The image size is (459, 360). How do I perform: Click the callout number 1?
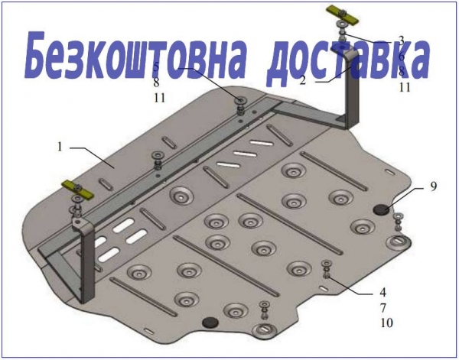click(x=60, y=146)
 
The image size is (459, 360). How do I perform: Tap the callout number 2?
click(x=303, y=79)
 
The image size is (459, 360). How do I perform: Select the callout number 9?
click(x=433, y=186)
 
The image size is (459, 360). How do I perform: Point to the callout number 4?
click(x=383, y=292)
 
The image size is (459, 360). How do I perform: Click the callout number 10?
click(x=386, y=323)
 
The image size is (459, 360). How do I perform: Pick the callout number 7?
click(x=383, y=308)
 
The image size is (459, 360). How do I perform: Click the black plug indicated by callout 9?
click(x=381, y=209)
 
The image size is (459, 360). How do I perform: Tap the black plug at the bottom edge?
click(x=210, y=323)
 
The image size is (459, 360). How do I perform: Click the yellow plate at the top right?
click(x=343, y=15)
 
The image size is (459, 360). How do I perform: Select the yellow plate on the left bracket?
click(x=77, y=190)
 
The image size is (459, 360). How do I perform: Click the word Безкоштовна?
click(x=135, y=55)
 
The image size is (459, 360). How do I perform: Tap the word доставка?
click(x=348, y=60)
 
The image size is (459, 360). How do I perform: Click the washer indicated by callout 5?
click(x=242, y=100)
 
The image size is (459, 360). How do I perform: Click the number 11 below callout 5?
click(x=160, y=98)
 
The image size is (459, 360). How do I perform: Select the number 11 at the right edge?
click(x=405, y=87)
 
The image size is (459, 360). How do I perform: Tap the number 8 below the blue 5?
click(x=156, y=83)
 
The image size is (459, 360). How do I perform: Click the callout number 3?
click(x=401, y=41)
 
